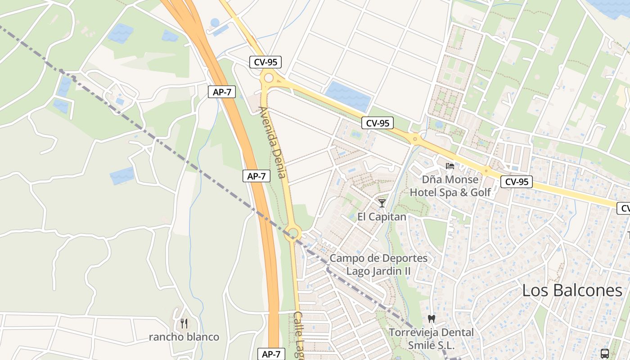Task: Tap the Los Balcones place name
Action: pyautogui.click(x=572, y=290)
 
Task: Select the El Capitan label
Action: pyautogui.click(x=382, y=217)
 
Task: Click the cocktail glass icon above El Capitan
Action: pyautogui.click(x=382, y=203)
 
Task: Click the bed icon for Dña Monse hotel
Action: pyautogui.click(x=450, y=166)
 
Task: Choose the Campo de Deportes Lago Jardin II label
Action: pyautogui.click(x=378, y=265)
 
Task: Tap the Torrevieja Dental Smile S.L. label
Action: pyautogui.click(x=431, y=339)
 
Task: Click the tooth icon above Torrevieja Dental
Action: pyautogui.click(x=432, y=319)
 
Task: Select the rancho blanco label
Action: pyautogui.click(x=184, y=337)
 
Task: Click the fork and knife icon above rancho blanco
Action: pyautogui.click(x=184, y=323)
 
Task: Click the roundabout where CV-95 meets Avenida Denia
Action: pyautogui.click(x=269, y=78)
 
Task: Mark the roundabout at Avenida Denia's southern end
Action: pyautogui.click(x=293, y=233)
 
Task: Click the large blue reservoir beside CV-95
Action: pyautogui.click(x=347, y=95)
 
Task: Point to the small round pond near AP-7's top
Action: pyautogui.click(x=215, y=22)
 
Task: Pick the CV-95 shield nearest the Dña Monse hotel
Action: pyautogui.click(x=516, y=182)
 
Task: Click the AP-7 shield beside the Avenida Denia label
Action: pyautogui.click(x=256, y=176)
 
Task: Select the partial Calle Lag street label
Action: pyautogui.click(x=299, y=335)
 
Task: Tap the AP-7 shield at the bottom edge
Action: pyautogui.click(x=271, y=354)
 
